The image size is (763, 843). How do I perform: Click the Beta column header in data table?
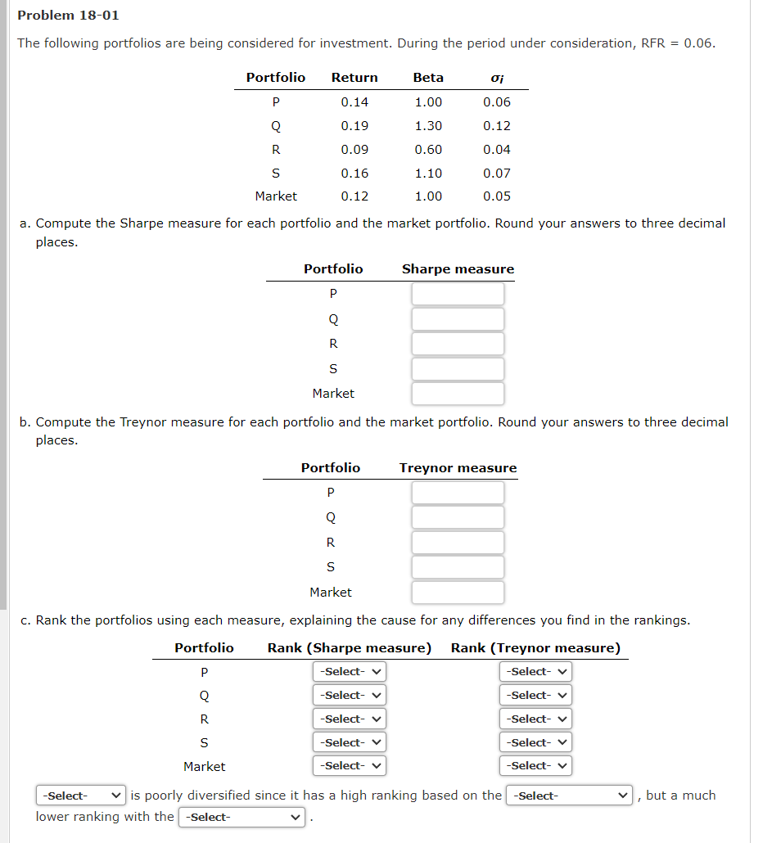(428, 78)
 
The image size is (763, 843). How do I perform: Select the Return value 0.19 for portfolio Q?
(354, 126)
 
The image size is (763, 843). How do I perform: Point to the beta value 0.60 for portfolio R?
(428, 150)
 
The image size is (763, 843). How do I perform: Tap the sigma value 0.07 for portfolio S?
(496, 174)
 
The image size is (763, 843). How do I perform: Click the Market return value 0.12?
(354, 196)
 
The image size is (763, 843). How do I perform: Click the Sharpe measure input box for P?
(458, 294)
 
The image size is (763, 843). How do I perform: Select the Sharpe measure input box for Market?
(458, 394)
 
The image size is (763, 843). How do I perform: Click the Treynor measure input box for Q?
(458, 517)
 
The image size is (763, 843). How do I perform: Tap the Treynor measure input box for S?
(458, 567)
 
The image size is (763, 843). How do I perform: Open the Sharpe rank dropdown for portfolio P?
(350, 672)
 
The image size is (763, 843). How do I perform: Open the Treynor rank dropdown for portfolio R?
(535, 719)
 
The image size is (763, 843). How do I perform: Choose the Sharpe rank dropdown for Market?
(350, 767)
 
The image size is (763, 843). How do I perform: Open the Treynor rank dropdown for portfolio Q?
(535, 696)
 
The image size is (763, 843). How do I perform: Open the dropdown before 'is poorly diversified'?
(81, 796)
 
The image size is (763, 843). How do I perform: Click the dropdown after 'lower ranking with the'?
(242, 817)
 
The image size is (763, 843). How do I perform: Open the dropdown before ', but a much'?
(570, 796)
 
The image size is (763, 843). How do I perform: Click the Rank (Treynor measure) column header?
(535, 648)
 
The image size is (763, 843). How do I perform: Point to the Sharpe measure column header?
(458, 269)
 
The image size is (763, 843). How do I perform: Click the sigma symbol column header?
(496, 79)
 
